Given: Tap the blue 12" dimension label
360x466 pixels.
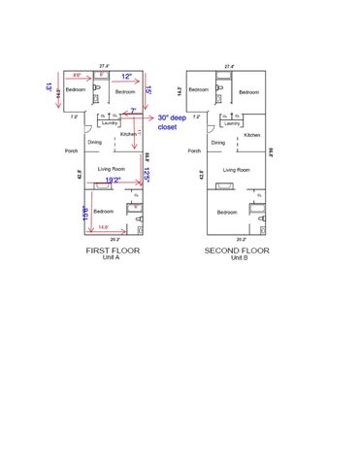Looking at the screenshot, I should pos(126,77).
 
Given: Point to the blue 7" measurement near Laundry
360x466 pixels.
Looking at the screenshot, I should pos(133,111).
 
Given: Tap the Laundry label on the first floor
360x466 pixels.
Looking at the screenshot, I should pos(109,123).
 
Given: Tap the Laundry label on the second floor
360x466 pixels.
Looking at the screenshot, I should pos(232,123).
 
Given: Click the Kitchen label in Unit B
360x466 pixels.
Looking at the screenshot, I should pos(252,135).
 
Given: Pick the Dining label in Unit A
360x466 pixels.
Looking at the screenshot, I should pos(94,143).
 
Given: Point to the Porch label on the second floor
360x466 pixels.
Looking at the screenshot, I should pos(194,151).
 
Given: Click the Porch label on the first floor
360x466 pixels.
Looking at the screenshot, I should pos(71,151).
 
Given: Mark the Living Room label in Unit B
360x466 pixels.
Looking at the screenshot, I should pos(236,170).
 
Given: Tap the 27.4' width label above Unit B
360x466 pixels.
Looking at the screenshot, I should pos(229,66).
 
